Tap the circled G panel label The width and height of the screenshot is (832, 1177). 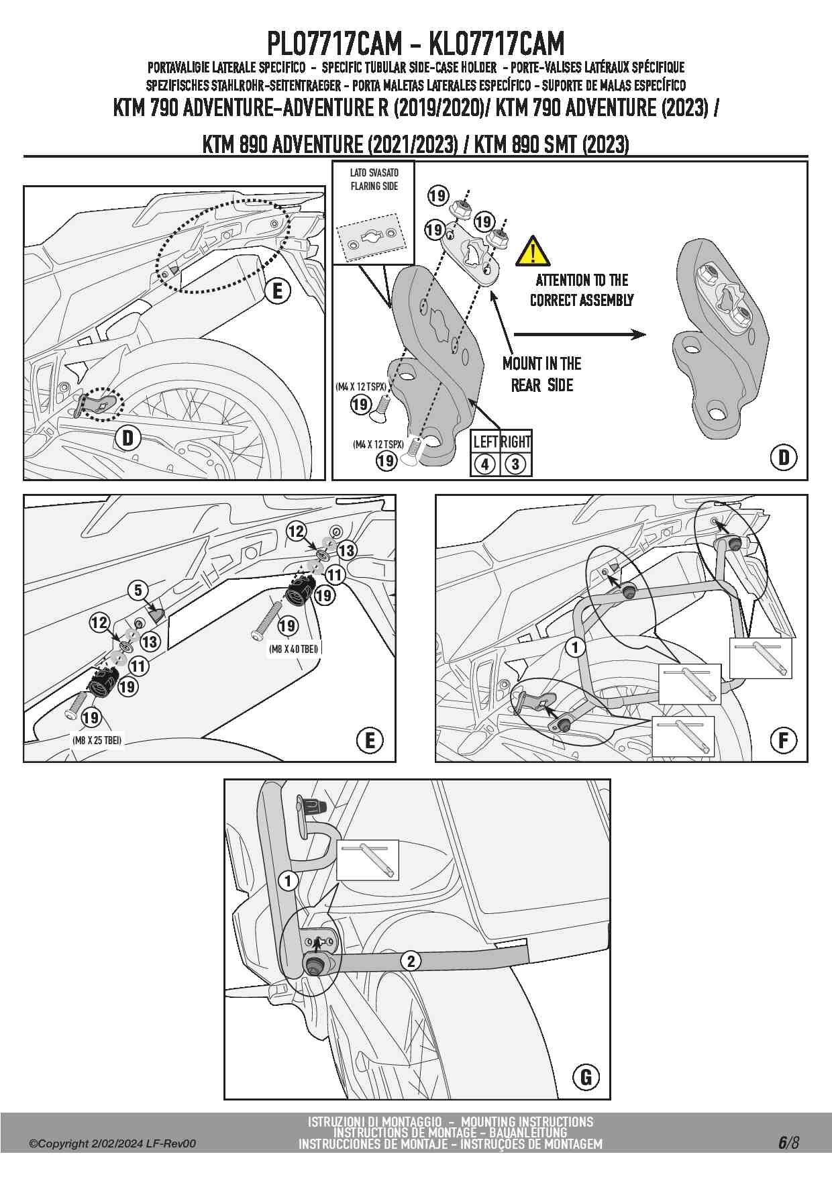pos(586,1077)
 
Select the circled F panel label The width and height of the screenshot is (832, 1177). pos(783,740)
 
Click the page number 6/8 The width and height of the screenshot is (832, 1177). pos(788,1142)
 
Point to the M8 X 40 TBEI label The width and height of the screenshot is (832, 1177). pos(293,648)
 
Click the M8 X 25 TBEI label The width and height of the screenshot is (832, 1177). pos(97,739)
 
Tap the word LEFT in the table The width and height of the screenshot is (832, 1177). pos(485,442)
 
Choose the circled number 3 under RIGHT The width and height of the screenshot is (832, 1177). pos(515,464)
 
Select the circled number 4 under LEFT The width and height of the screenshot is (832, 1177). pos(485,464)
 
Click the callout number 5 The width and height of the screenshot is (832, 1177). pos(138,590)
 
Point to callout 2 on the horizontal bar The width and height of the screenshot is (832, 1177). pos(411,961)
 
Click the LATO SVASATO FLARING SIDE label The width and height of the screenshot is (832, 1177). pos(374,179)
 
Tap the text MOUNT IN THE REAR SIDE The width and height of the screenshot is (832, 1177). pos(542,374)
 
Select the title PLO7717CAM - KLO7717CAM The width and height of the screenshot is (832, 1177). pos(415,44)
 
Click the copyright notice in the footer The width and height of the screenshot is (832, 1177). pos(112,1143)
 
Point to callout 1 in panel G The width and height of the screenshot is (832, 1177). pos(289,880)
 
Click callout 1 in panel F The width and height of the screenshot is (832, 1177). pos(575,648)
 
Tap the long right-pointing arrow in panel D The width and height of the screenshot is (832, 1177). pos(579,334)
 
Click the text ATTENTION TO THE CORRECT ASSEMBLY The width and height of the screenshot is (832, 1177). pos(582,290)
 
